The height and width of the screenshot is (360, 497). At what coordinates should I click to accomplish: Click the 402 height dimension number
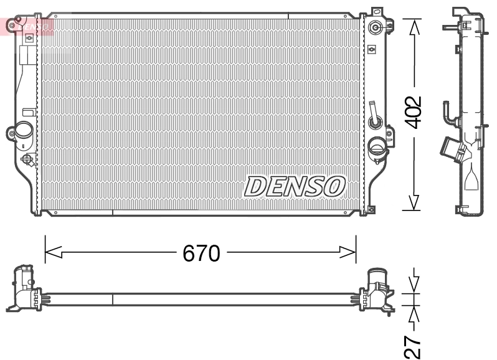[x=415, y=113]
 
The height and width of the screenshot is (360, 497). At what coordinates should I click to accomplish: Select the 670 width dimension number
[x=201, y=253]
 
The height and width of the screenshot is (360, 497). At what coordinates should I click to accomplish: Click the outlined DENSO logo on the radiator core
[x=295, y=186]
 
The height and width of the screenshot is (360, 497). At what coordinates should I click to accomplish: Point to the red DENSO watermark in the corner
[x=28, y=26]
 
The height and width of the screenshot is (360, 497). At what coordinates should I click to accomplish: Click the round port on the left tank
[x=24, y=132]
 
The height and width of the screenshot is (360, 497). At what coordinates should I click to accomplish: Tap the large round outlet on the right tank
[x=377, y=148]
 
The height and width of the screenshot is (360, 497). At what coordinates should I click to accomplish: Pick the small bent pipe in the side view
[x=448, y=113]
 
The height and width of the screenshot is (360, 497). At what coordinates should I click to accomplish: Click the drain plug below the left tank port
[x=28, y=160]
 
